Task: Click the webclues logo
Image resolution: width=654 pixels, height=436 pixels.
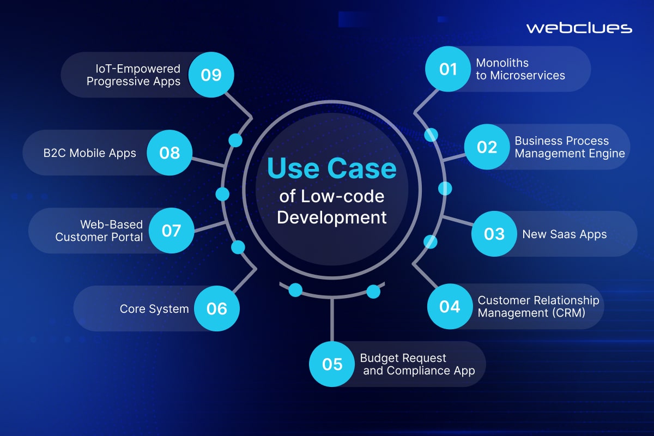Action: click(579, 28)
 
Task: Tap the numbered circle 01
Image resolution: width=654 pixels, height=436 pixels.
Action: click(448, 69)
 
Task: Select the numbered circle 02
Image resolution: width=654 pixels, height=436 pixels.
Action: click(487, 147)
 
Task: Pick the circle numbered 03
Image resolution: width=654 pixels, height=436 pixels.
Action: click(494, 234)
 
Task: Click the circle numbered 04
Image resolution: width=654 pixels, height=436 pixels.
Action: click(450, 306)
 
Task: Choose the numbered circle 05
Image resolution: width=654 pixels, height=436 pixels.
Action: click(332, 364)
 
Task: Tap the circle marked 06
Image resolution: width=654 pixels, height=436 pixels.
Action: click(216, 308)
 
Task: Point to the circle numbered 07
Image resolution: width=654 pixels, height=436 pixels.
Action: click(171, 231)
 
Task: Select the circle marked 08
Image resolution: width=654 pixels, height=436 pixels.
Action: click(169, 153)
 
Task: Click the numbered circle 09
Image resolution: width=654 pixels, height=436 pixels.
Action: click(211, 75)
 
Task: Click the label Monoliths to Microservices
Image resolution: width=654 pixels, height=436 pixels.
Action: click(520, 69)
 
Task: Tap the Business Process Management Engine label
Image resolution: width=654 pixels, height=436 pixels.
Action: click(570, 147)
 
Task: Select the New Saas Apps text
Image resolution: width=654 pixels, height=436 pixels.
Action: click(564, 234)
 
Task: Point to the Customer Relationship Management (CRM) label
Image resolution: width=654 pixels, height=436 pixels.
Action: click(538, 307)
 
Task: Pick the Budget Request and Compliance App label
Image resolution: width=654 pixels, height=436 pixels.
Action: click(417, 365)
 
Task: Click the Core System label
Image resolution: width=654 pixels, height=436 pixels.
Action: click(154, 309)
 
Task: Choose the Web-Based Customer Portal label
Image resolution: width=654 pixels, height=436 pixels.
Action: click(99, 231)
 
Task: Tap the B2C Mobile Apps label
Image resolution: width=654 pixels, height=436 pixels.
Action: click(90, 153)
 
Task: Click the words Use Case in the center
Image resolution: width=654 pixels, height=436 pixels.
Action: click(332, 168)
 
